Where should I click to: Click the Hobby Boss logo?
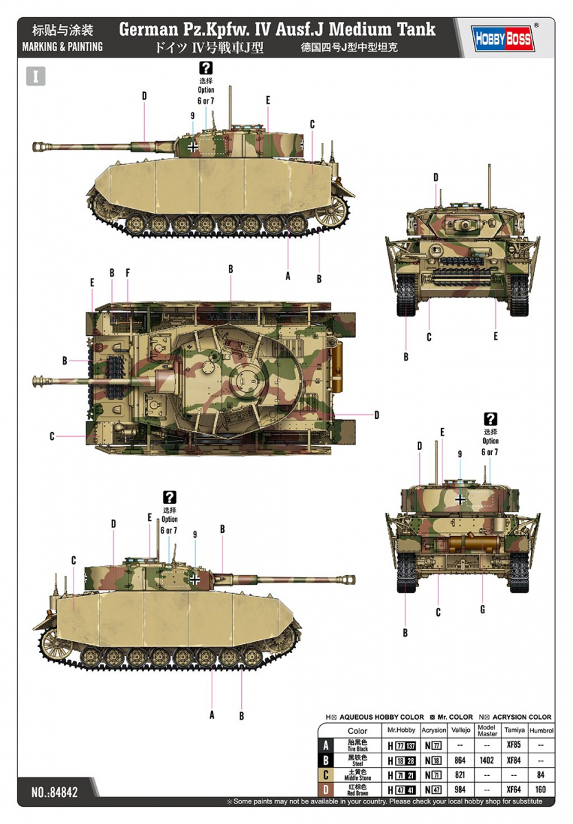(504, 39)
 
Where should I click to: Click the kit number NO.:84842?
(54, 792)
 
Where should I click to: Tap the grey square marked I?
(36, 76)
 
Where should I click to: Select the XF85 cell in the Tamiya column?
(512, 745)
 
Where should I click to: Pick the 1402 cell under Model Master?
(486, 760)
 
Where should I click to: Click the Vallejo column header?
(461, 731)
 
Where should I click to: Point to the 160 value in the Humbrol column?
(541, 790)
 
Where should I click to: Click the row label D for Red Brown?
(326, 790)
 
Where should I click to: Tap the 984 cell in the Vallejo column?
(460, 790)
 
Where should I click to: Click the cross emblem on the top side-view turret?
(194, 146)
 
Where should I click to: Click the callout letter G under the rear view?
(482, 609)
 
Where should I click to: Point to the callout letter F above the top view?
(128, 273)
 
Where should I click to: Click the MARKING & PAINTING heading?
(63, 47)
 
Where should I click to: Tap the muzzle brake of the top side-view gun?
(39, 146)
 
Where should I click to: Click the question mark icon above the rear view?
(490, 419)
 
